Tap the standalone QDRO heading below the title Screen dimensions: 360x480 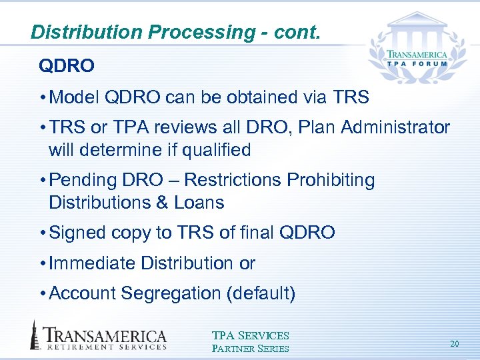pyautogui.click(x=67, y=66)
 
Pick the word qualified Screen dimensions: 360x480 pyautogui.click(x=213, y=151)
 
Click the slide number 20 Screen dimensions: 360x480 pyautogui.click(x=455, y=344)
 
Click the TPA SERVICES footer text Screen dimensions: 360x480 pyautogui.click(x=250, y=336)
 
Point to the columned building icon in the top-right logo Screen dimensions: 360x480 pyautogui.click(x=420, y=25)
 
